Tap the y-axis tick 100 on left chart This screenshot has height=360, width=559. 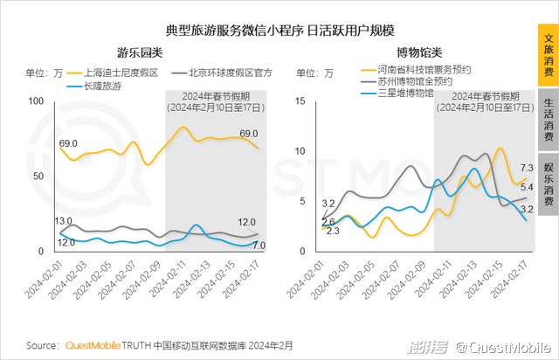[36, 101]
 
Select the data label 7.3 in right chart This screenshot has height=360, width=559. [527, 168]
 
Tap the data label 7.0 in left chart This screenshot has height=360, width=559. [259, 246]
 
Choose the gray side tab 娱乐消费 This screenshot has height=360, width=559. [548, 183]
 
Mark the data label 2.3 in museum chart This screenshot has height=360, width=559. [333, 231]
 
